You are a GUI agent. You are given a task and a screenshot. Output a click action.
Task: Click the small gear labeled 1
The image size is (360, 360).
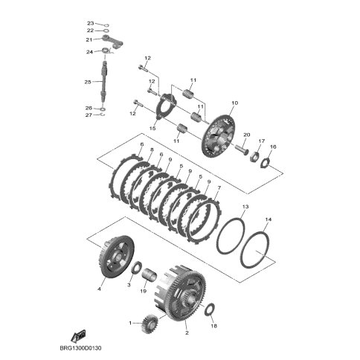pos(150,324)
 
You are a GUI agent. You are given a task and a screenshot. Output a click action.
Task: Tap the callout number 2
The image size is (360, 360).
pos(187,332)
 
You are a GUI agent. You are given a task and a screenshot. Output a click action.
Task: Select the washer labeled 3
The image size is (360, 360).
pos(136,268)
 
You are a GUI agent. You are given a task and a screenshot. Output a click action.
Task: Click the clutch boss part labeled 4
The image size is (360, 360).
pos(117,257)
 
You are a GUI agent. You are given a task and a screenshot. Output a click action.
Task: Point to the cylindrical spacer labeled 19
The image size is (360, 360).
pos(150,274)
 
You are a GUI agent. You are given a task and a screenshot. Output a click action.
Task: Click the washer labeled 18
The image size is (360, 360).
pos(210,309)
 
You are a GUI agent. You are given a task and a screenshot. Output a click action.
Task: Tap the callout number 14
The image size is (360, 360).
pos(269,219)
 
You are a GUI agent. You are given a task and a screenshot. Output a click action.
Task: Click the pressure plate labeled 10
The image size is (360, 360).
pos(219,135)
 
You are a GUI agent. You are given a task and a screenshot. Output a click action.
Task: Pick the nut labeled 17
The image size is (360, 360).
pos(255,156)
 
